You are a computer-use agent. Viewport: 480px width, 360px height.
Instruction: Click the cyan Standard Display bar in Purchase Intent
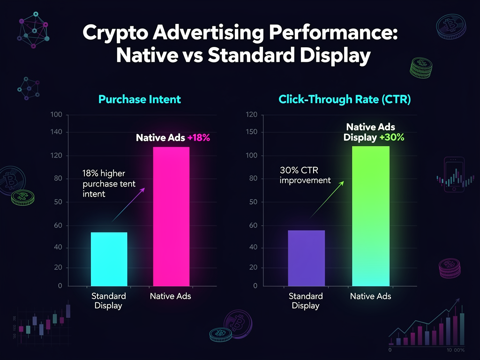pyautogui.click(x=109, y=258)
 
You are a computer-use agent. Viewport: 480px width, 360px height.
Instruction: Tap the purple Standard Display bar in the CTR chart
pyautogui.click(x=306, y=257)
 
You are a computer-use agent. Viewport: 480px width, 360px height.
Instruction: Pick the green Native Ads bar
pyautogui.click(x=370, y=216)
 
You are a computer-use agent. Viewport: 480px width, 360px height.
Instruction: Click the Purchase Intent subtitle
pyautogui.click(x=140, y=99)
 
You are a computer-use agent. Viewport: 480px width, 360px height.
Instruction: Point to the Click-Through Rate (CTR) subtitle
pyautogui.click(x=345, y=99)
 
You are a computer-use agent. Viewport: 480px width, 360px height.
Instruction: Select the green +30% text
pyautogui.click(x=392, y=137)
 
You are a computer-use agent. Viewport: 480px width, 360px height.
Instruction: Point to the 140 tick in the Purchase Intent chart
pyautogui.click(x=56, y=132)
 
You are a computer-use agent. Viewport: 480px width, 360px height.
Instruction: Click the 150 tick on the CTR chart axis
pyautogui.click(x=252, y=132)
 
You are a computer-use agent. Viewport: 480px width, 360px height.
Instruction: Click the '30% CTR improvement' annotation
pyautogui.click(x=305, y=175)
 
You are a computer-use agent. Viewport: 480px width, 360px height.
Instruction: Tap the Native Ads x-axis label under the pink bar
pyautogui.click(x=170, y=296)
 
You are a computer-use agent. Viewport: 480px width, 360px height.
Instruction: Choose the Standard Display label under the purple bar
pyautogui.click(x=306, y=301)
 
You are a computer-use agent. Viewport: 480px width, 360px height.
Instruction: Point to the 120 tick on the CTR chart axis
pyautogui.click(x=252, y=114)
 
